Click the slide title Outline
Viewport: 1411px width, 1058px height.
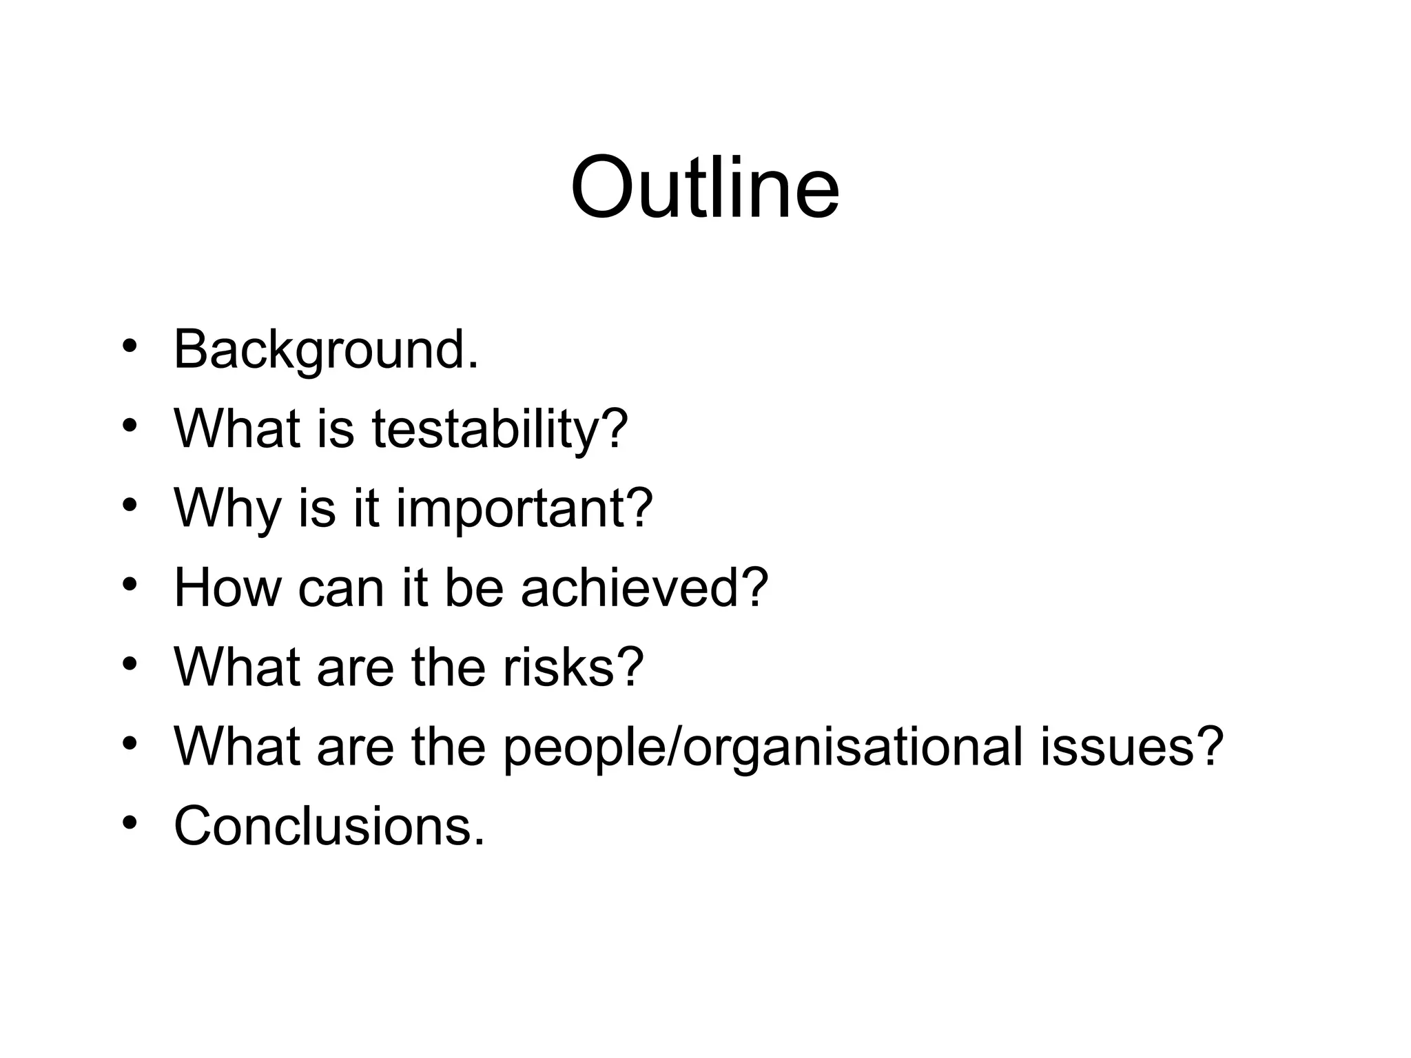705,187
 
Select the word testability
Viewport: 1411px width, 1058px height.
486,429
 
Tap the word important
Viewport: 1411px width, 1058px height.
513,508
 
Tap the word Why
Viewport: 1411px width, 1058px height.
227,508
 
